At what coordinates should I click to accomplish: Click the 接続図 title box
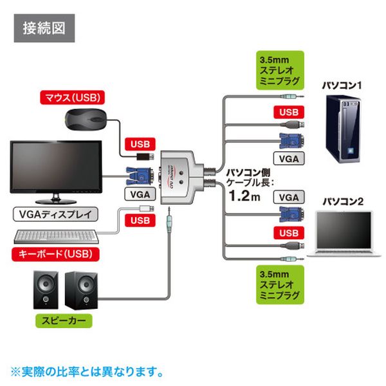coord(44,29)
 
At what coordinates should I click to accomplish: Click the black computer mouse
coord(86,120)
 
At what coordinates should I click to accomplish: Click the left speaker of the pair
coord(46,291)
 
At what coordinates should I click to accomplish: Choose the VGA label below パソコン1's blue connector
coord(289,156)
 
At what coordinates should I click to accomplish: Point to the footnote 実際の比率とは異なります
coord(87,371)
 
